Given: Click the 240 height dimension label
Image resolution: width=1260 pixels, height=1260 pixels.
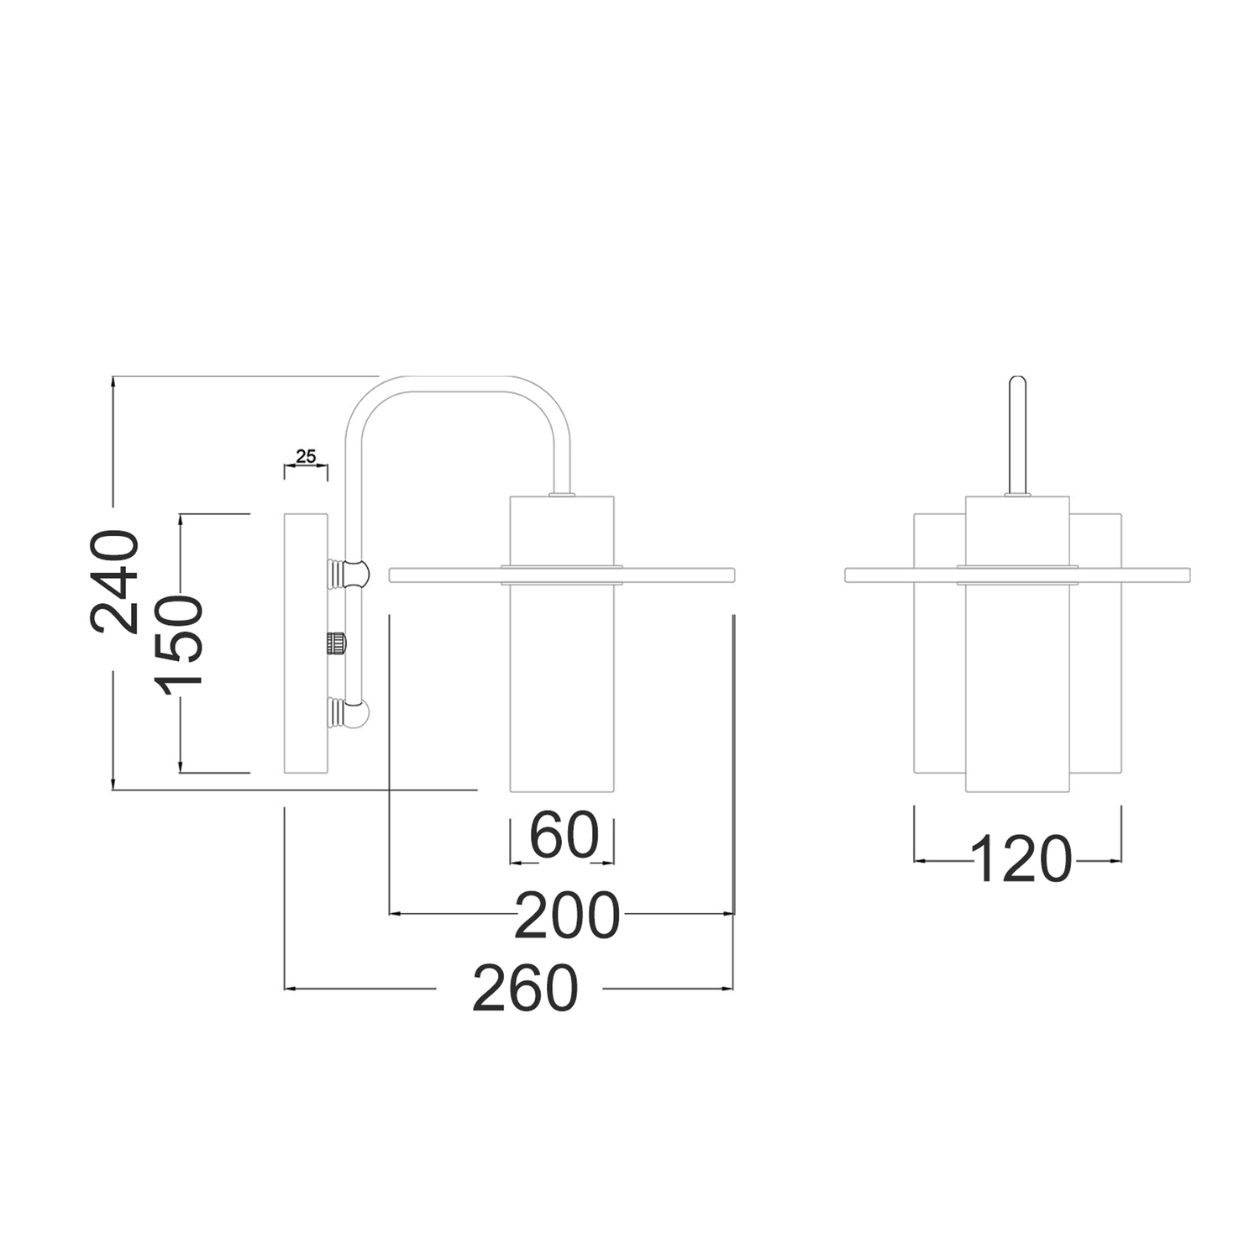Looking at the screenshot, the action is pos(114,581).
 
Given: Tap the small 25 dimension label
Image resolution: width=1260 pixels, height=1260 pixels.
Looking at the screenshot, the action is pos(306,456).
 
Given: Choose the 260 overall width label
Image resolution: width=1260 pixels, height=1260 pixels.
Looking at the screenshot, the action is pos(526,988).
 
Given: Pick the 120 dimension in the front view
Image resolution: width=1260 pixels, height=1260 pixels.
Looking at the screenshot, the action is pos(1021,859).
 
